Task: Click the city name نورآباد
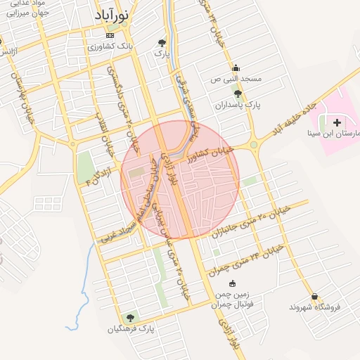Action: click(113, 15)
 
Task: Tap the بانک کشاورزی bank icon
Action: click(109, 35)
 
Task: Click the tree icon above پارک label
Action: click(162, 42)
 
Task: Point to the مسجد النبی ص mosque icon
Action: click(235, 69)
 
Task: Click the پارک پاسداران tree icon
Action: click(238, 93)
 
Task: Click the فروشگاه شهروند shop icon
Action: click(314, 297)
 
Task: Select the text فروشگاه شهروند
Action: click(314, 307)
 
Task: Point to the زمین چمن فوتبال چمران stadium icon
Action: click(233, 283)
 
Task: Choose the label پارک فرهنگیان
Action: click(131, 328)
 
